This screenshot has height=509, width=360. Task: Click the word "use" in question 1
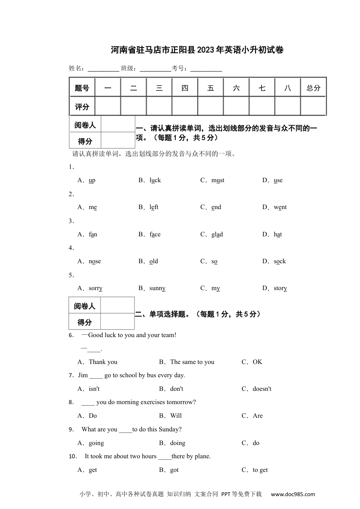point(278,180)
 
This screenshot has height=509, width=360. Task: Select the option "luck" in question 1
point(155,180)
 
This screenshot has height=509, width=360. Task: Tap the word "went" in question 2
point(280,207)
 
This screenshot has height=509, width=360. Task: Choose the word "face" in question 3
point(155,234)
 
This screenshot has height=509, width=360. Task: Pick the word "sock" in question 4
point(280,261)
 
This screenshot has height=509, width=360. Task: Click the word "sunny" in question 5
point(157,288)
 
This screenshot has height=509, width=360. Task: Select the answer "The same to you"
point(192,362)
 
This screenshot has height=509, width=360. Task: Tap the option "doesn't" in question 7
point(262,389)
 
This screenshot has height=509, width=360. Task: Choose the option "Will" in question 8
point(176,416)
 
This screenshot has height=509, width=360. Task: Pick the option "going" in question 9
point(96,443)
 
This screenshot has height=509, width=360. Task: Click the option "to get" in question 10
point(260,470)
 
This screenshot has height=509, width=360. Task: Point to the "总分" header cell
point(313,88)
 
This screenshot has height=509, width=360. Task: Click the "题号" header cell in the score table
point(82,88)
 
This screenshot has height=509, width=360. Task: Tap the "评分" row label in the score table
point(82,107)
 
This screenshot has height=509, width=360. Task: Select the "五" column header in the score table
point(211,88)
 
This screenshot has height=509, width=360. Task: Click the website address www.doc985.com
point(293,494)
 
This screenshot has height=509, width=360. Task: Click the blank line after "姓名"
point(103,69)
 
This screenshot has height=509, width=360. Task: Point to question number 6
point(71,336)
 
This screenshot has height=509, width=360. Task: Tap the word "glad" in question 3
point(217,234)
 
